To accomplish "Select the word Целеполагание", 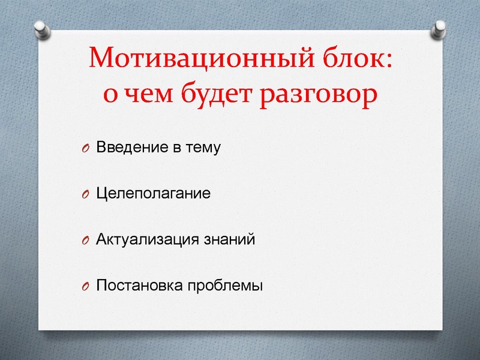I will point(153,194).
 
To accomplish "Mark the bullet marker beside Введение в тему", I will point(85,149).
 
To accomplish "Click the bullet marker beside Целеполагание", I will point(85,195).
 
